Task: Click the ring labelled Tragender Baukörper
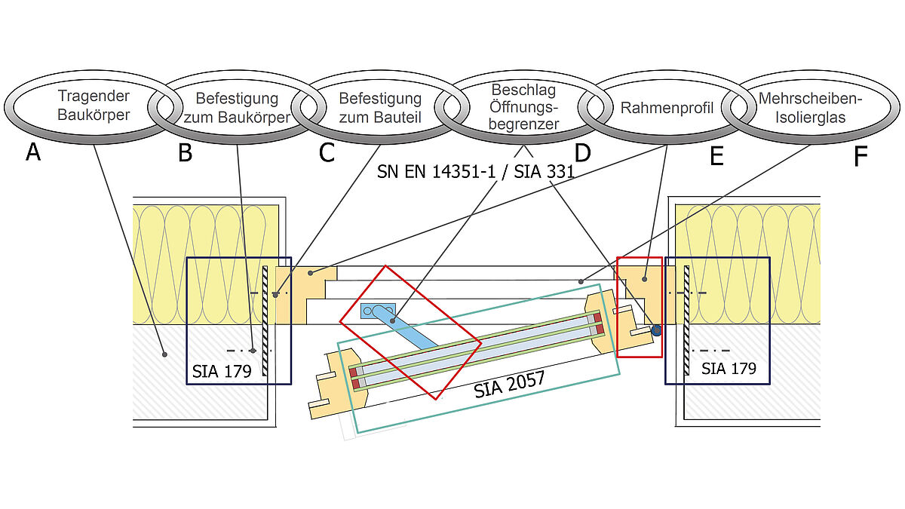(94, 106)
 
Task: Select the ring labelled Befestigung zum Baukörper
(236, 108)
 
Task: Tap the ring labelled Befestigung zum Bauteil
(379, 108)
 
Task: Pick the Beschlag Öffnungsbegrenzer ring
(523, 106)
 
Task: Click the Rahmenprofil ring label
(667, 108)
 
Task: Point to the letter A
(32, 152)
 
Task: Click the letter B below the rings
(185, 152)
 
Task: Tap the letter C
(326, 152)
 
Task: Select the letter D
(582, 152)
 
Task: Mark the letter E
(716, 155)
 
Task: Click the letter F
(861, 155)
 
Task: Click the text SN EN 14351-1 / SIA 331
(476, 172)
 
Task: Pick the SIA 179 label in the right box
(728, 368)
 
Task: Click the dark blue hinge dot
(657, 330)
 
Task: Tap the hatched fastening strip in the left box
(265, 320)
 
